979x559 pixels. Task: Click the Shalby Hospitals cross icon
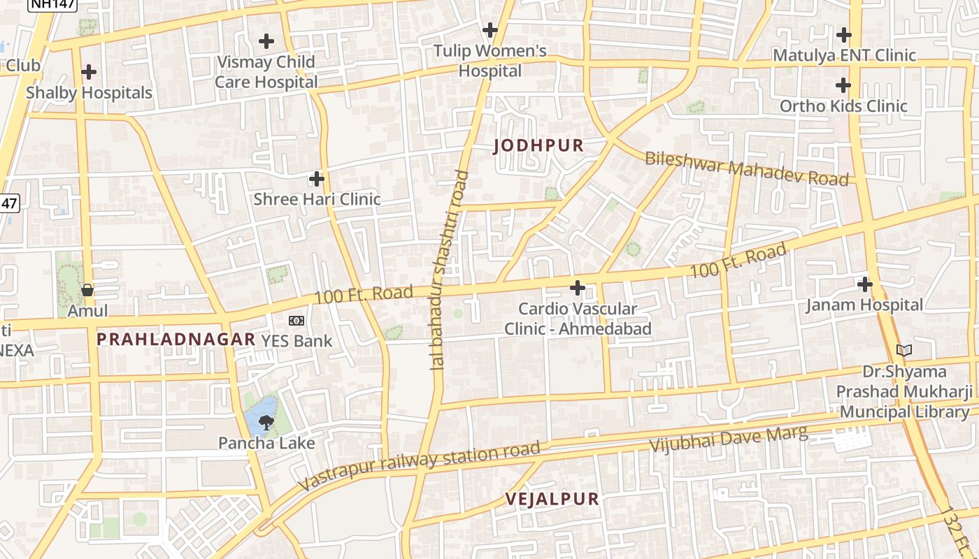(x=89, y=72)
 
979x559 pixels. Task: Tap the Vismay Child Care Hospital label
(x=266, y=71)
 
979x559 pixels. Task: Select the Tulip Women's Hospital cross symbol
(x=490, y=30)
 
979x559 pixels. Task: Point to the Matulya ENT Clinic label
(x=843, y=55)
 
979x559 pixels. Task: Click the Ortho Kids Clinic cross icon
(x=843, y=86)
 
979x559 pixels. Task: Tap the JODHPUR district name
(x=538, y=146)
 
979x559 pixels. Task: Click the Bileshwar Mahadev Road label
(x=746, y=168)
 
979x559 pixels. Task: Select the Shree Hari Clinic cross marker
(x=317, y=179)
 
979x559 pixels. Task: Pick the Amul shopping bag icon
(x=87, y=289)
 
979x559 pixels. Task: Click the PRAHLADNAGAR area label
(x=176, y=340)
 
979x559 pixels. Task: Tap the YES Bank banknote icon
(x=296, y=321)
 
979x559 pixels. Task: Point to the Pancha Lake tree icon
(x=266, y=421)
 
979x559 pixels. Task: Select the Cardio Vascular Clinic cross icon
(x=578, y=287)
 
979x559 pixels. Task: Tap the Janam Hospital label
(x=864, y=305)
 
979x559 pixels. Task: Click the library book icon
(x=904, y=350)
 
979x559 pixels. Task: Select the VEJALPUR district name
(x=552, y=499)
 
